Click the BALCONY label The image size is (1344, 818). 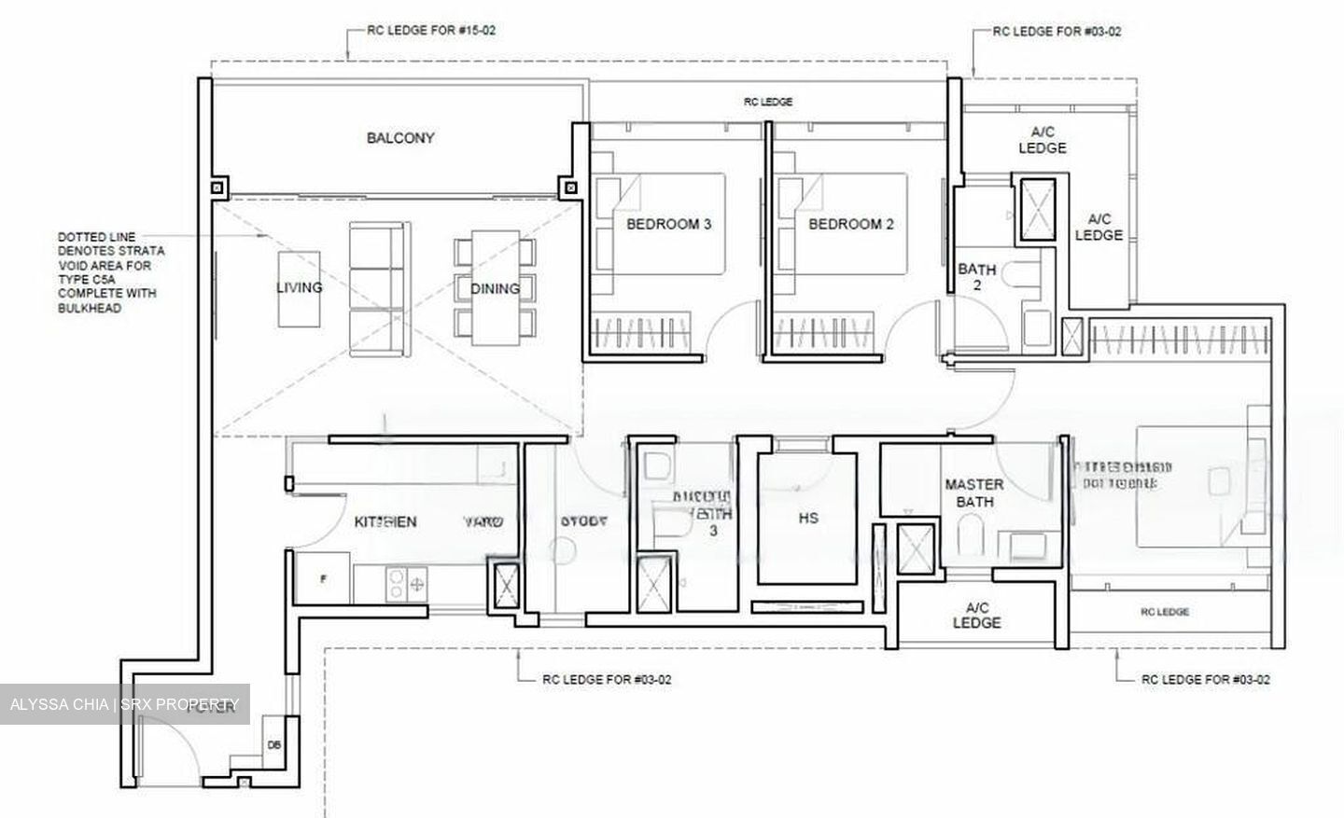(x=400, y=138)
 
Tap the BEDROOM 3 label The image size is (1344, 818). (x=668, y=224)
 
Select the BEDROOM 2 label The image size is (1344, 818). (x=850, y=224)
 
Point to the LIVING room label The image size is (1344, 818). (x=300, y=287)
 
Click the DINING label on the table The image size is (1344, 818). (x=495, y=288)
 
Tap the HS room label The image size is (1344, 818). (x=808, y=518)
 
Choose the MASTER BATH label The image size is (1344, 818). (x=974, y=492)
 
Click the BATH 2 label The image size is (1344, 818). (x=977, y=276)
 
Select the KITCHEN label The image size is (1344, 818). (x=385, y=521)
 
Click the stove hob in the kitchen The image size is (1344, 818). (x=405, y=584)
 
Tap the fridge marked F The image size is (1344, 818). (x=323, y=578)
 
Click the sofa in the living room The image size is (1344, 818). (x=377, y=287)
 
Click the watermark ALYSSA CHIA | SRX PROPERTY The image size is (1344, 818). (x=125, y=703)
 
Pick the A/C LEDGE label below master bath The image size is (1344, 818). (x=976, y=615)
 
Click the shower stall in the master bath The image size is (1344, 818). (x=914, y=550)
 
